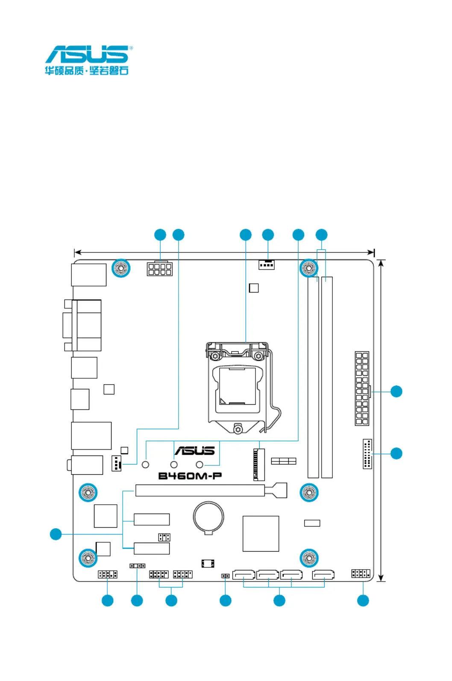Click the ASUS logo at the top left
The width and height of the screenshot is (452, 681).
point(88,54)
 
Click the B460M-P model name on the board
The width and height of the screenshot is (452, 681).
point(190,476)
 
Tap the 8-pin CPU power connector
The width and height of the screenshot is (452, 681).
point(160,269)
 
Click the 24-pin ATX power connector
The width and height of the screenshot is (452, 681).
point(362,388)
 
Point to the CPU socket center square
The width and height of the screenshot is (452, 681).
point(238,386)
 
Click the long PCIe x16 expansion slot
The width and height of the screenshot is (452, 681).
point(211,491)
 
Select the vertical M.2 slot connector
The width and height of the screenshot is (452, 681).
point(259,464)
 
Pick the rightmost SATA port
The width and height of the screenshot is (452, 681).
point(323,575)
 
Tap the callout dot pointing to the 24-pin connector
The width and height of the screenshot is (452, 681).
point(396,392)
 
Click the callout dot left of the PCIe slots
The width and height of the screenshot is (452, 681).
point(56,534)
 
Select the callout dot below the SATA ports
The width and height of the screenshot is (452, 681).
point(279,600)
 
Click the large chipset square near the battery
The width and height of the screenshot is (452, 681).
point(261,534)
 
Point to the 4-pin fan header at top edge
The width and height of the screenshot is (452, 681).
point(267,265)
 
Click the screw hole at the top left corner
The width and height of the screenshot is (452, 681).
point(121,268)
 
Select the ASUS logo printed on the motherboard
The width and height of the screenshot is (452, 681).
point(195,450)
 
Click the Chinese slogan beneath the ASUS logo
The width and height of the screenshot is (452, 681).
point(87,70)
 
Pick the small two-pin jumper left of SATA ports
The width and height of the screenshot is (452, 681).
point(225,576)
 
